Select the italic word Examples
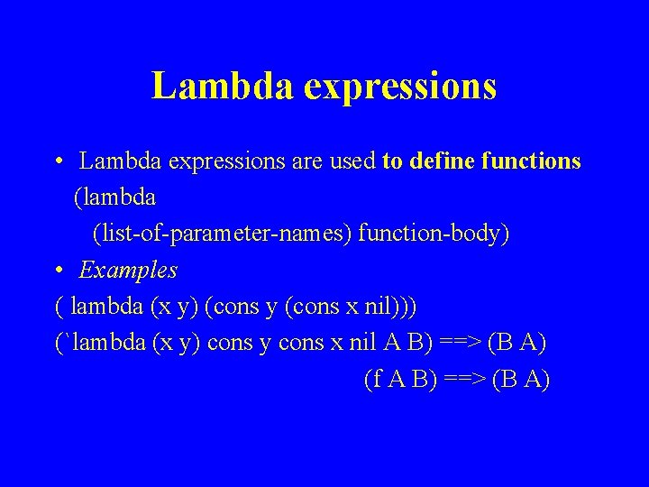[x=128, y=270]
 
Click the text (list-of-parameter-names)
[x=222, y=234]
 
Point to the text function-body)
[x=434, y=234]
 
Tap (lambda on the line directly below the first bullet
[x=114, y=198]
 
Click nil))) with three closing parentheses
[x=387, y=306]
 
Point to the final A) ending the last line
[x=535, y=380]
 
